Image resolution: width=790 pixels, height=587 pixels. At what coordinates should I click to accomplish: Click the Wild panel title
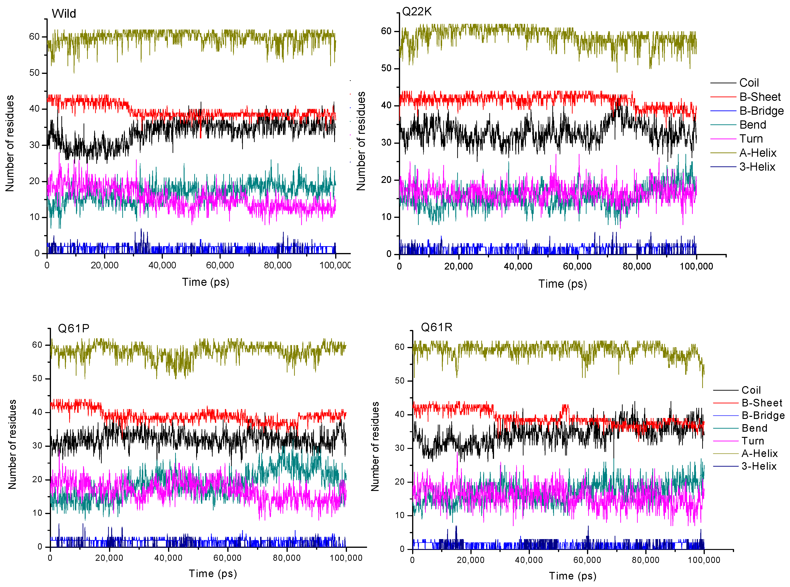tap(64, 13)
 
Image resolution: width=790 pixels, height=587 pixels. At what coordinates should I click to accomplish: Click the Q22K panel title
tap(417, 12)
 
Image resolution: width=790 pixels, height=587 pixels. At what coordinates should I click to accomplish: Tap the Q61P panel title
tap(74, 328)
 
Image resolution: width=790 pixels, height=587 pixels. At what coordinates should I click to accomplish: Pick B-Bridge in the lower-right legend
tap(763, 415)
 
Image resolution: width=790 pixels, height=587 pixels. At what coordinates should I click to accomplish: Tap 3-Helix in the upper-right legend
tap(757, 167)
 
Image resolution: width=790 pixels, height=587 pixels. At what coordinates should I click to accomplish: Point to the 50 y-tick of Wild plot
tap(34, 73)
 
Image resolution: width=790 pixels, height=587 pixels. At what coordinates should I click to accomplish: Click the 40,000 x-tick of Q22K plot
tap(518, 266)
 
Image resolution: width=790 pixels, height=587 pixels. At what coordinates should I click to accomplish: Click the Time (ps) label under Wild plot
tap(205, 282)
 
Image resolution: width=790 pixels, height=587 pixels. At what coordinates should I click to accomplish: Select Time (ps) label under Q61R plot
tap(573, 576)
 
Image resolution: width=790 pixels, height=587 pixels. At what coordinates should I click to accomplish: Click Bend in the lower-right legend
tap(754, 428)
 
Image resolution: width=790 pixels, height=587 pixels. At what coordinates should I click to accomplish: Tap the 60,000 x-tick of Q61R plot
tap(587, 560)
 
